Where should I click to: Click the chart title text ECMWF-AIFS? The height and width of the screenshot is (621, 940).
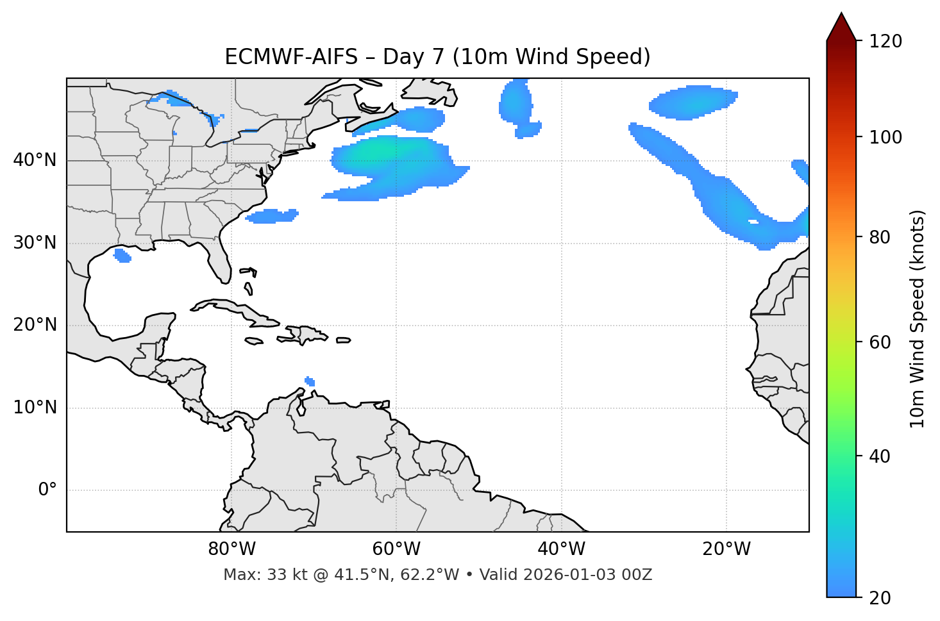[x=291, y=57]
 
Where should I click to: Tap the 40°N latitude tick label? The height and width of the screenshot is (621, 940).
[x=35, y=160]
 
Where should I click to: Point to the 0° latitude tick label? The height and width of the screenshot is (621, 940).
[x=47, y=490]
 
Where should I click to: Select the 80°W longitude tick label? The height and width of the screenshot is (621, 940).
[x=231, y=549]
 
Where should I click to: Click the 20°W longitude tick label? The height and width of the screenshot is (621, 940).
[x=726, y=549]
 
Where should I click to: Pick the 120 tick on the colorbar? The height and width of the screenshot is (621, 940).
[x=885, y=42]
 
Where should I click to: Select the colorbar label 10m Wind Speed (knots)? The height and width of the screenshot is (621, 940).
[x=918, y=319]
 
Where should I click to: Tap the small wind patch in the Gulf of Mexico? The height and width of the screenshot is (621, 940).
[x=122, y=256]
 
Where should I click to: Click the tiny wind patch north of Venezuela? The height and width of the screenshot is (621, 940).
[x=310, y=381]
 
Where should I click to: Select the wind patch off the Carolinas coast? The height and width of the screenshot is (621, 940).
[x=273, y=216]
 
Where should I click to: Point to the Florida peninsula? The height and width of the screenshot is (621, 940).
[x=220, y=263]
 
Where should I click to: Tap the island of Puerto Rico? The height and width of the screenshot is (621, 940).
[x=344, y=340]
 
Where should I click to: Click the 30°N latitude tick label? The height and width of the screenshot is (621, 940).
[x=35, y=243]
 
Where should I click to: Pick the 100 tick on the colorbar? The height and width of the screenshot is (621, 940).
[x=885, y=137]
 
